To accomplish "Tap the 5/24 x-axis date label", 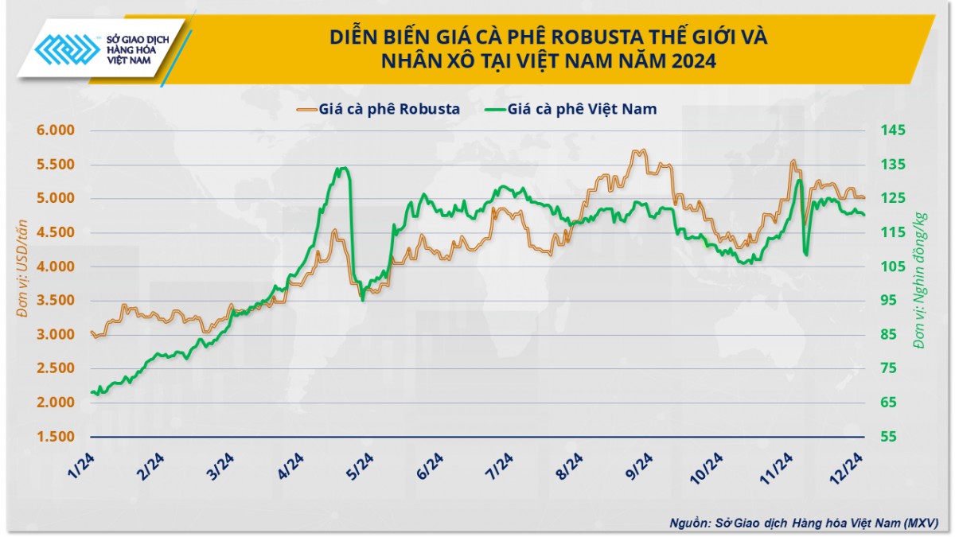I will tap(361, 461).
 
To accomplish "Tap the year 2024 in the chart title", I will tap(692, 60).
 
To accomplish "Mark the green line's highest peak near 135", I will tap(342, 168).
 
